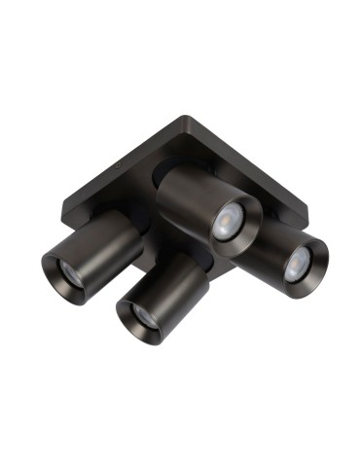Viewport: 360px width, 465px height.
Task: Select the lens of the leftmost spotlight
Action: point(62,273)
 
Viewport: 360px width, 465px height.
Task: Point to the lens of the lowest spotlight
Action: point(142,314)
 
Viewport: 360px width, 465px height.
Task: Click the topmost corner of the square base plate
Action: point(200,118)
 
